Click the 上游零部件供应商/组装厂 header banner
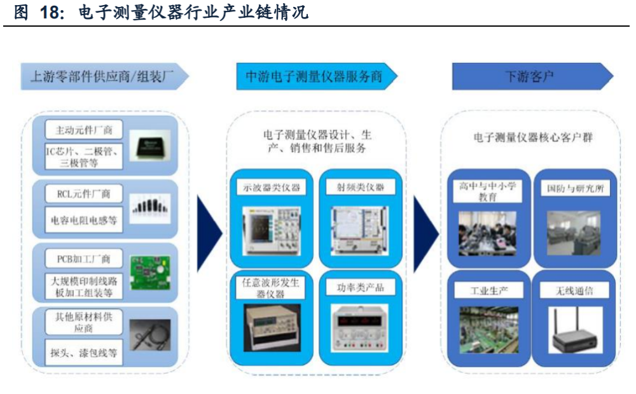105,76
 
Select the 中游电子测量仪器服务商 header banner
317,76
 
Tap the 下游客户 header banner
532,76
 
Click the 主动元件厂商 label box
84,130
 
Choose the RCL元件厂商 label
84,193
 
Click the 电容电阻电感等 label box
84,220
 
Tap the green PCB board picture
149,272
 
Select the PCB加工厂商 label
84,258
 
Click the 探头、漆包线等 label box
84,352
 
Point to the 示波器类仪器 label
272,187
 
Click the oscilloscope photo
272,230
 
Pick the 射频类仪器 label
361,187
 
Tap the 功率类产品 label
361,288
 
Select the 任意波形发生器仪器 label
270,288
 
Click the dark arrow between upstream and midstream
209,234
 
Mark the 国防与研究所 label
575,188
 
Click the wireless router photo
575,330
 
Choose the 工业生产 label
489,290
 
